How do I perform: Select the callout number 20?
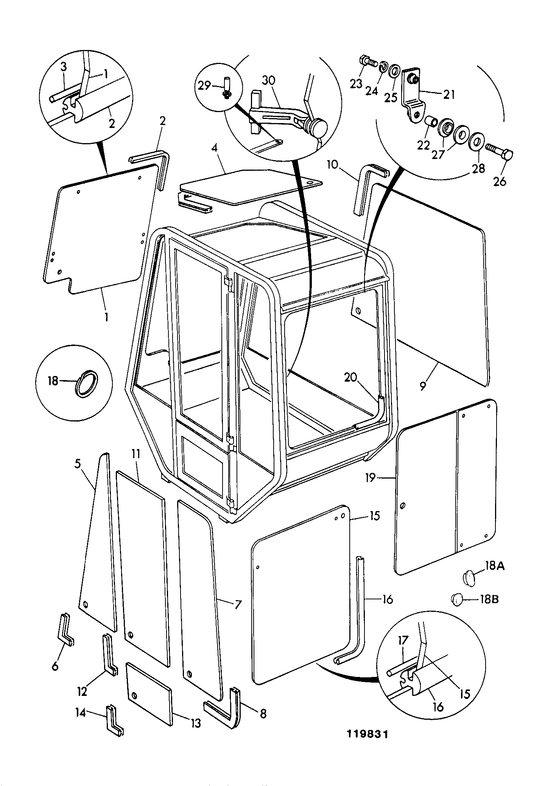pos(350,377)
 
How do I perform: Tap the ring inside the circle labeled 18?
pos(86,383)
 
